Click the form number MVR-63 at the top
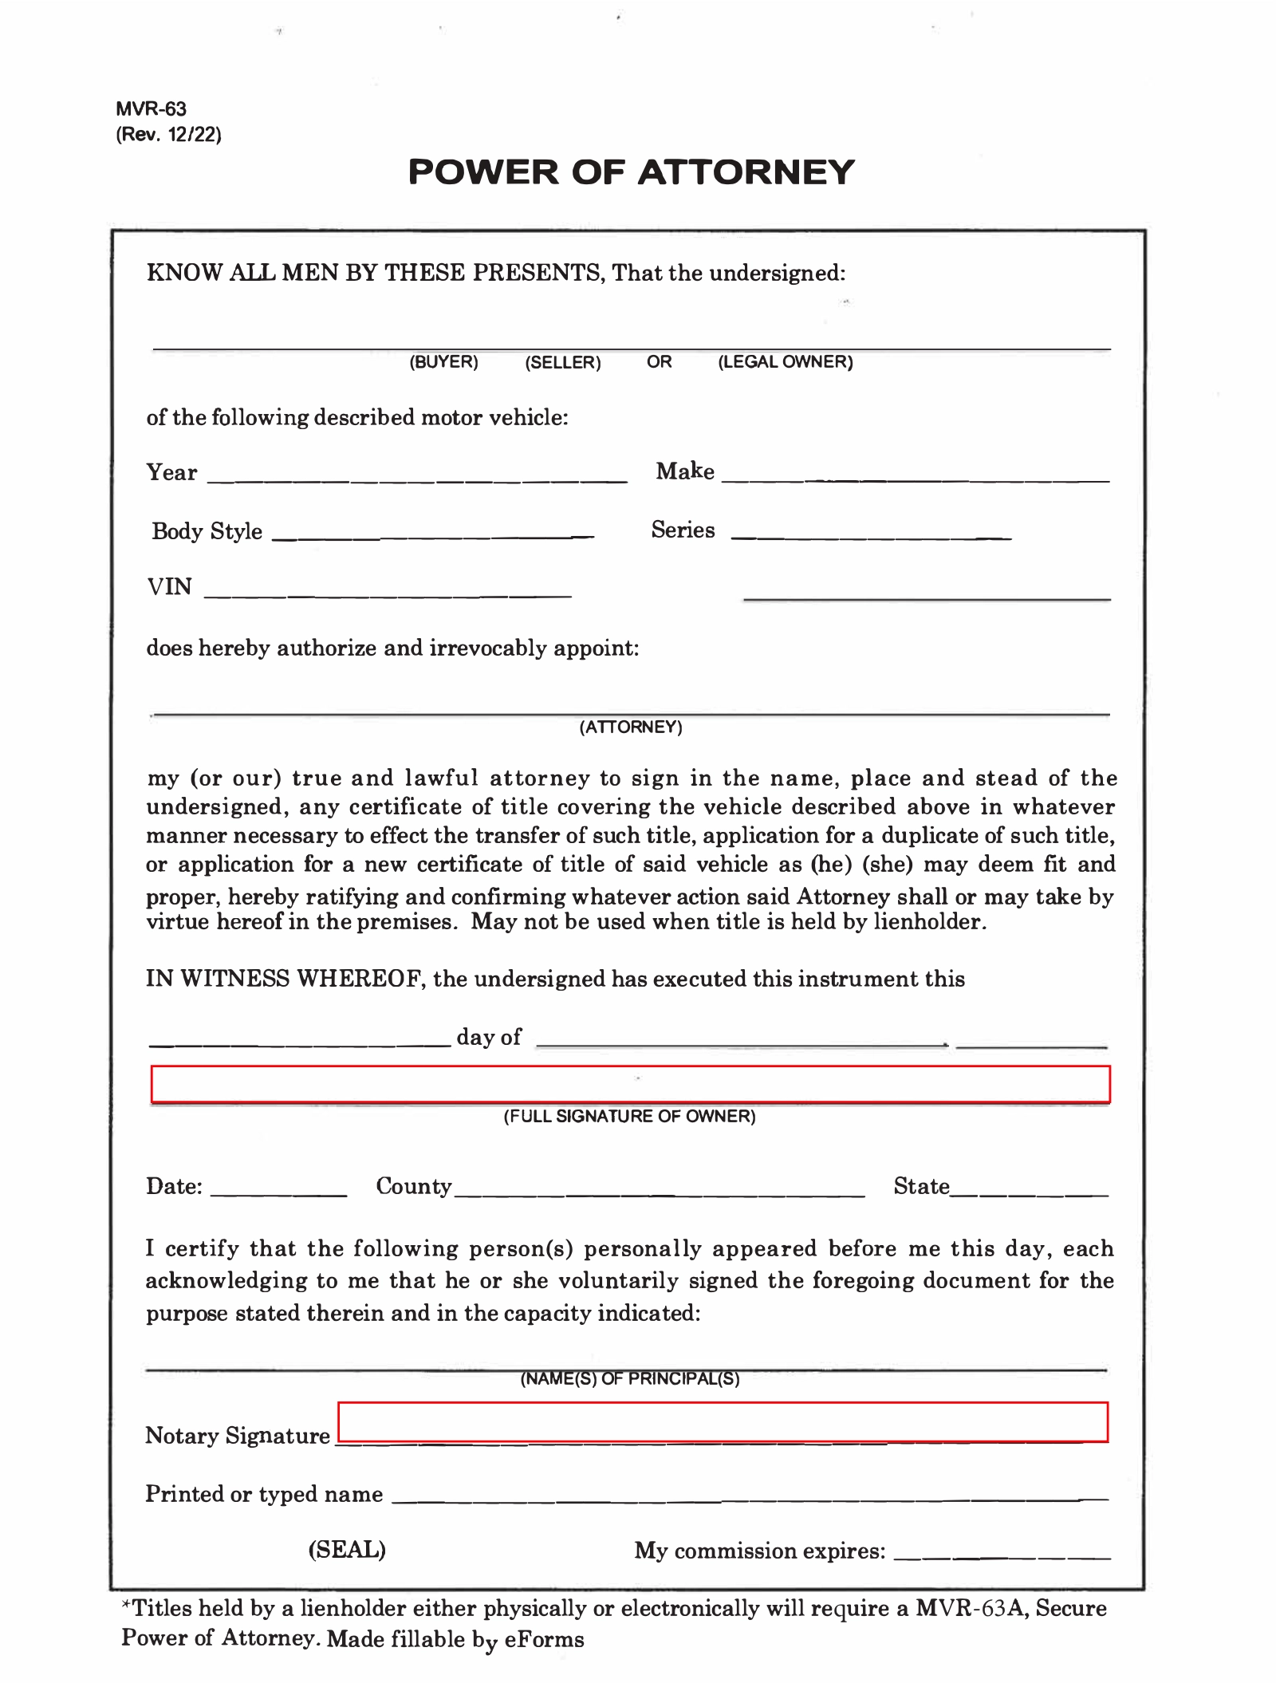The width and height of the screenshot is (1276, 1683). click(151, 108)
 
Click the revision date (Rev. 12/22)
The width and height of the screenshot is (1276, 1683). click(168, 134)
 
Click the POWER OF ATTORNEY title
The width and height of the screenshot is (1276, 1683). click(631, 172)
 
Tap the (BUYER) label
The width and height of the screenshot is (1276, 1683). click(443, 362)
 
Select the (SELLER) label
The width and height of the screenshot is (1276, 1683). click(562, 363)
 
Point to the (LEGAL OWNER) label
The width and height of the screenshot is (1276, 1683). click(785, 362)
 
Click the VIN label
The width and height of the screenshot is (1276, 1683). click(169, 587)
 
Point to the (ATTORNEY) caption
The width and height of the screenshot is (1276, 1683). click(630, 727)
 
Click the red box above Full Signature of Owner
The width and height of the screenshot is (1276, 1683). click(630, 1084)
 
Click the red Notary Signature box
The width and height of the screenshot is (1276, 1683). click(723, 1421)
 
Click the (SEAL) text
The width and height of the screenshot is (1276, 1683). click(347, 1549)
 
